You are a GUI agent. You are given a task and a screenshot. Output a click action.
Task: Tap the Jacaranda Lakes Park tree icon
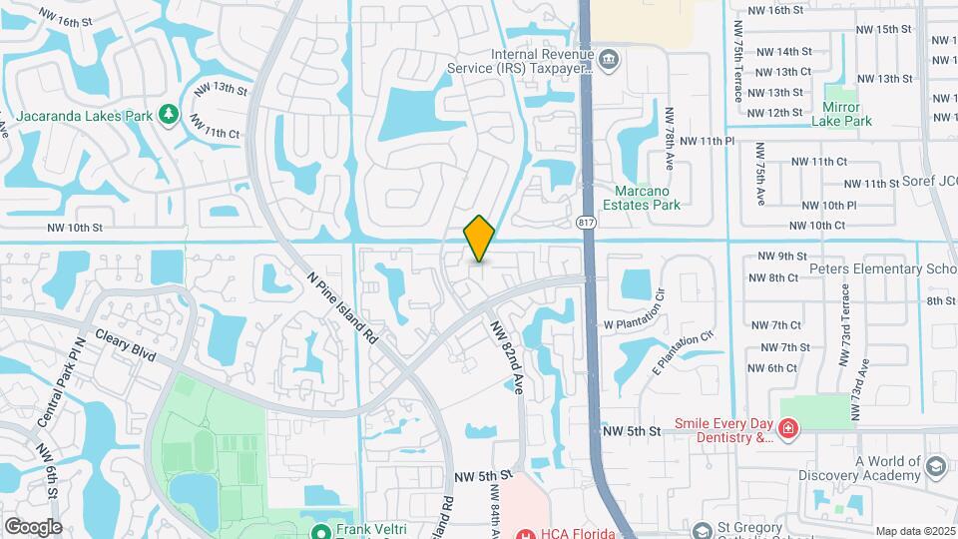pos(169,115)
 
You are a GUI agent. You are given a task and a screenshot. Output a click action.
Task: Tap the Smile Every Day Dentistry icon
pos(788,429)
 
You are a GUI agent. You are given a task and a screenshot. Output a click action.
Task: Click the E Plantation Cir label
pos(685,350)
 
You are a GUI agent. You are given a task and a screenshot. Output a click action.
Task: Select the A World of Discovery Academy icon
pos(936,466)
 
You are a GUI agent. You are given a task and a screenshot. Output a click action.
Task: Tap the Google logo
pos(33,526)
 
